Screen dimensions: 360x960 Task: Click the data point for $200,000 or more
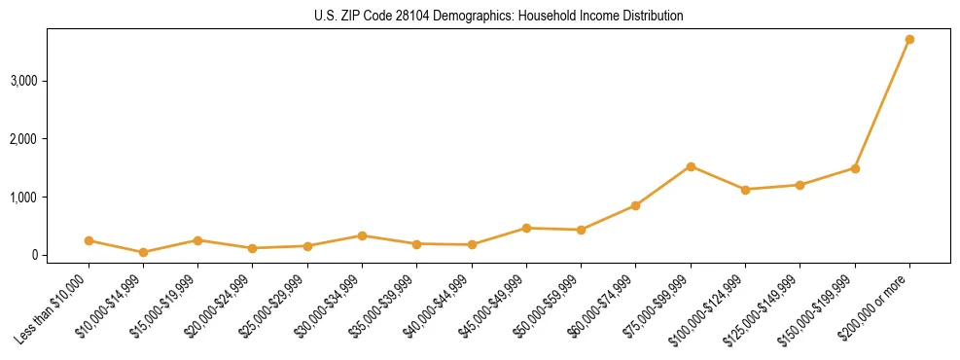point(909,39)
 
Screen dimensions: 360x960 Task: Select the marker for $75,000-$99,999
point(691,166)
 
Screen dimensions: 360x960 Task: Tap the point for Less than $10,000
point(89,240)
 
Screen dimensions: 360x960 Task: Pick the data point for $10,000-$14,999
point(143,252)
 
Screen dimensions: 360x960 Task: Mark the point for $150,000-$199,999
point(855,168)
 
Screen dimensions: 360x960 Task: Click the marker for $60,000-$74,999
point(635,205)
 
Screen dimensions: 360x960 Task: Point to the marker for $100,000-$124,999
point(745,190)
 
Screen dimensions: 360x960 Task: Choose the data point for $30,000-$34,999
point(362,235)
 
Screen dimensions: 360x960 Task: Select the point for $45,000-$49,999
point(526,228)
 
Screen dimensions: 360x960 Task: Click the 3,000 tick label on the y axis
point(24,80)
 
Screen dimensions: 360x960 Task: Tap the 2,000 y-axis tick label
point(24,138)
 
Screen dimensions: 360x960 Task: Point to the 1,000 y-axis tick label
point(24,197)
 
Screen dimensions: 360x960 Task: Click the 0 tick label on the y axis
point(34,255)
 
